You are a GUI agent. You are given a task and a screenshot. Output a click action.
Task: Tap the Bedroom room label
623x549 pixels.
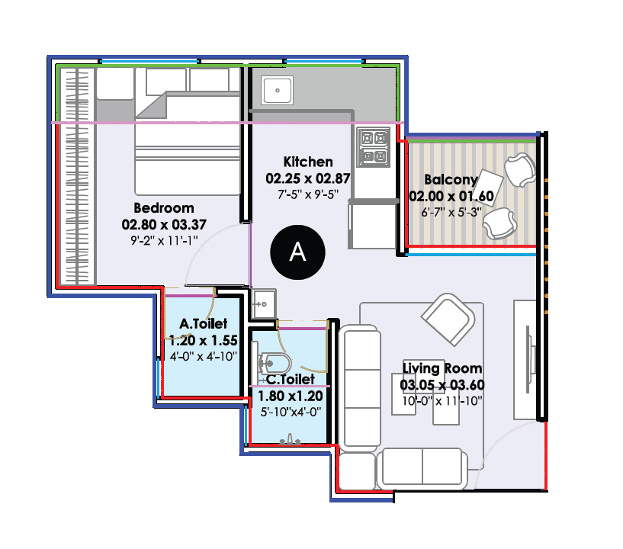[x=164, y=207]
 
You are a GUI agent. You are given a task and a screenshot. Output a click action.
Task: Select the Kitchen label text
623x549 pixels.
[x=308, y=162]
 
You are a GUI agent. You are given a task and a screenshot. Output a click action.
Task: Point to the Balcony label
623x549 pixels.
[x=451, y=181]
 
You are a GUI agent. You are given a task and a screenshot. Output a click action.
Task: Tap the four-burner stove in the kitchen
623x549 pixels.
[x=374, y=148]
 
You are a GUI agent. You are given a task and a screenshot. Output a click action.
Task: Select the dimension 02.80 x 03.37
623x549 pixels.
[x=164, y=225]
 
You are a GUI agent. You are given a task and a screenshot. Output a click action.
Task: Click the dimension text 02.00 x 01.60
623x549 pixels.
[x=451, y=197]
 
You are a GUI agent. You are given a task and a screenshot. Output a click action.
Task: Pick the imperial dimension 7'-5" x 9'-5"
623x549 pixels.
[x=307, y=194]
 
